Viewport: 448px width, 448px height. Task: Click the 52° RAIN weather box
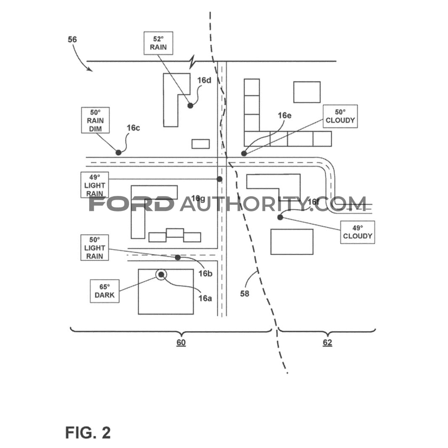click(x=158, y=43)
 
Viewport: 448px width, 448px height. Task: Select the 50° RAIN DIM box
click(x=95, y=120)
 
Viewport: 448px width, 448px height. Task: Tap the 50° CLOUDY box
click(x=340, y=116)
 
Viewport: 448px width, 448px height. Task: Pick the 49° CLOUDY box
click(x=358, y=232)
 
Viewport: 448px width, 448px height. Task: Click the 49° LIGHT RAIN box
click(x=95, y=185)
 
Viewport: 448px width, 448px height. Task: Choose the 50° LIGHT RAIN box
click(x=95, y=248)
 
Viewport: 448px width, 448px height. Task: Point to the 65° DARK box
click(x=105, y=291)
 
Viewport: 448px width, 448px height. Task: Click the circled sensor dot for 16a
click(x=161, y=275)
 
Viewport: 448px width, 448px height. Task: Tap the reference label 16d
click(x=204, y=81)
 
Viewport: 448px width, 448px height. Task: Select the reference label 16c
click(x=133, y=128)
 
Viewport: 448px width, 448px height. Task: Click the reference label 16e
click(x=285, y=115)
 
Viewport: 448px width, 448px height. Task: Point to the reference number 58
click(x=245, y=294)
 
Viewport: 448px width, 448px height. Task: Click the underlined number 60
click(x=181, y=343)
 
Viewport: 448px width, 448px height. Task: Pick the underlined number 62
click(x=327, y=343)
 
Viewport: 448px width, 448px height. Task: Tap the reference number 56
click(x=72, y=39)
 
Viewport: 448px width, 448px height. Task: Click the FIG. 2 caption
click(x=88, y=432)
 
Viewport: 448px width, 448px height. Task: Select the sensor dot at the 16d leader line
click(x=190, y=106)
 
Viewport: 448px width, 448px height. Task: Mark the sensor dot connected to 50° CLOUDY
click(x=244, y=154)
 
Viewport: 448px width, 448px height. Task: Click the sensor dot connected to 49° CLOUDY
click(x=280, y=217)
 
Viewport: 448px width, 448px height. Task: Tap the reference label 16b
click(x=206, y=274)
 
